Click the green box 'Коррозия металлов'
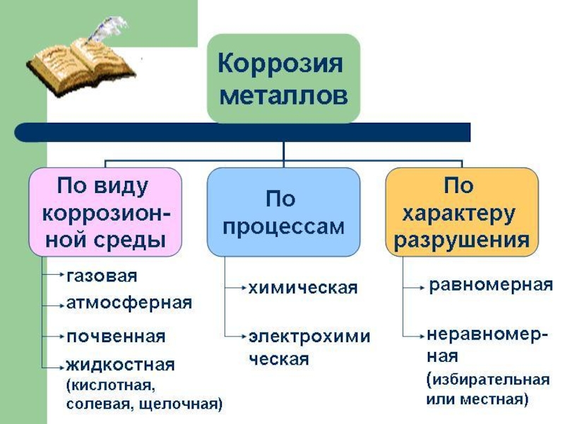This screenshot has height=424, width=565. [x=283, y=78]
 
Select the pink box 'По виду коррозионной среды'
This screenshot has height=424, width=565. [x=105, y=212]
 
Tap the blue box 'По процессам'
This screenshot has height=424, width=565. [x=283, y=212]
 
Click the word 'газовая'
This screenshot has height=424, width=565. [x=102, y=275]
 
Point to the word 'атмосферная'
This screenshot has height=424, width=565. [x=129, y=303]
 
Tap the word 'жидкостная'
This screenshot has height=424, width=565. [x=120, y=365]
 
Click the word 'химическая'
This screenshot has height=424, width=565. [x=302, y=288]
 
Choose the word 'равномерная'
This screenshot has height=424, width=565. [x=490, y=285]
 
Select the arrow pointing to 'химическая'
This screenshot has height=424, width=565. [x=235, y=287]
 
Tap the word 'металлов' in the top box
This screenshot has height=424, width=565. [x=283, y=95]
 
